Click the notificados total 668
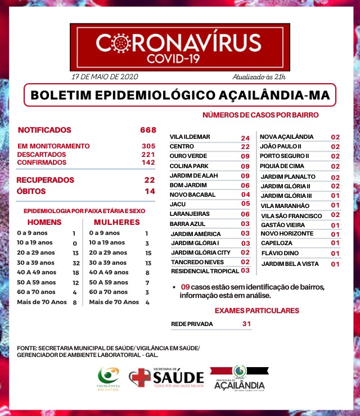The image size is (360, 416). [148, 130]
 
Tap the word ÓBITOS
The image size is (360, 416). [31, 192]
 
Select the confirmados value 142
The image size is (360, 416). [148, 162]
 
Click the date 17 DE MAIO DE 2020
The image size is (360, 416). [105, 76]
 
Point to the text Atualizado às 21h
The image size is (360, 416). [259, 76]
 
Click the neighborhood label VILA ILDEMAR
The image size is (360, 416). [190, 137]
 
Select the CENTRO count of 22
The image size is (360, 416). [245, 147]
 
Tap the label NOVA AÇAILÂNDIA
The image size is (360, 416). [286, 137]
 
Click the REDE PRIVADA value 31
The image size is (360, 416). [246, 324]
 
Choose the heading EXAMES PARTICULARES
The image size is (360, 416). [257, 310]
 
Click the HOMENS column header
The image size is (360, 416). [44, 222]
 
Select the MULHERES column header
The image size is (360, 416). [116, 222]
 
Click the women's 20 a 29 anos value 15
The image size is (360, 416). [147, 253]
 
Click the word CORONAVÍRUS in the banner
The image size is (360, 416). [179, 43]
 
